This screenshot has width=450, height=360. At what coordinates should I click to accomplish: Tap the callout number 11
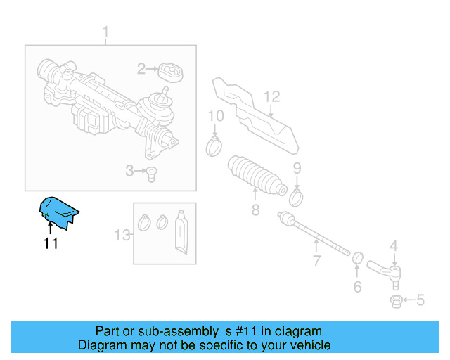click(x=50, y=244)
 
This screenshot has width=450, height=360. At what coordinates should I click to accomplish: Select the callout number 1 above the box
click(x=106, y=32)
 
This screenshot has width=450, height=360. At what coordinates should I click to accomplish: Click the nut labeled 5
click(x=395, y=301)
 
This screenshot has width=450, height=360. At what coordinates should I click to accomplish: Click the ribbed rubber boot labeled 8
click(x=257, y=176)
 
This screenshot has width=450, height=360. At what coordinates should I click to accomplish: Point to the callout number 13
click(x=123, y=235)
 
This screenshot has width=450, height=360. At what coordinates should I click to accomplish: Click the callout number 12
click(x=271, y=97)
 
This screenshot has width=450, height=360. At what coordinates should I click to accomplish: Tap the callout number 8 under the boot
click(x=256, y=210)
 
